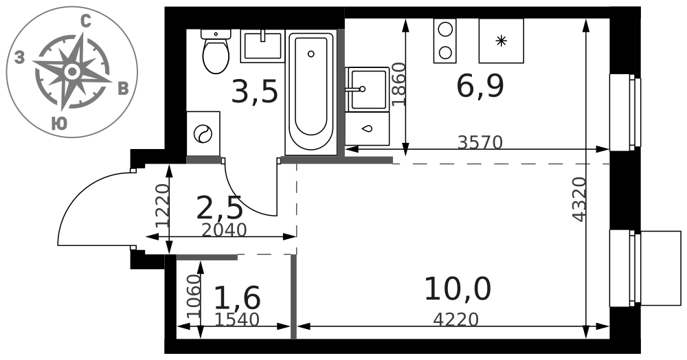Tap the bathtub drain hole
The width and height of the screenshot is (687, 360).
point(311,54)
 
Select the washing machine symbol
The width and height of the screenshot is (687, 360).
point(203,133)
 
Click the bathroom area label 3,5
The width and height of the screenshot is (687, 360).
point(255,92)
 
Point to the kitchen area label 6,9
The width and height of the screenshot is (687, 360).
point(480,87)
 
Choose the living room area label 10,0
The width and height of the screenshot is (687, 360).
point(458,289)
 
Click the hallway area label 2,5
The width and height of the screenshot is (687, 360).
point(219,208)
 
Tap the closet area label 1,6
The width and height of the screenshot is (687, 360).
point(238,297)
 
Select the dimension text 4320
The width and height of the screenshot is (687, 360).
point(579,199)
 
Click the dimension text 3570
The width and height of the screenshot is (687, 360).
point(480,142)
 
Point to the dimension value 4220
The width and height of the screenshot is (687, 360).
point(455,319)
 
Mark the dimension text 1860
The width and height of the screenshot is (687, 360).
point(398,85)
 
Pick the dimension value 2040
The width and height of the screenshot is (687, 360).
point(225,230)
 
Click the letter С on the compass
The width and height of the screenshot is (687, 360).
point(86,21)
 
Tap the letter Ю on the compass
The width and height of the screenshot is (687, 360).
point(58,124)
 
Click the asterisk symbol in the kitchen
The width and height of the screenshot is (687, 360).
point(501,41)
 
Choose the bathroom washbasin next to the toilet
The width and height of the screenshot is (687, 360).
point(262,46)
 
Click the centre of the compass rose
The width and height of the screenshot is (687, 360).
point(72,71)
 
